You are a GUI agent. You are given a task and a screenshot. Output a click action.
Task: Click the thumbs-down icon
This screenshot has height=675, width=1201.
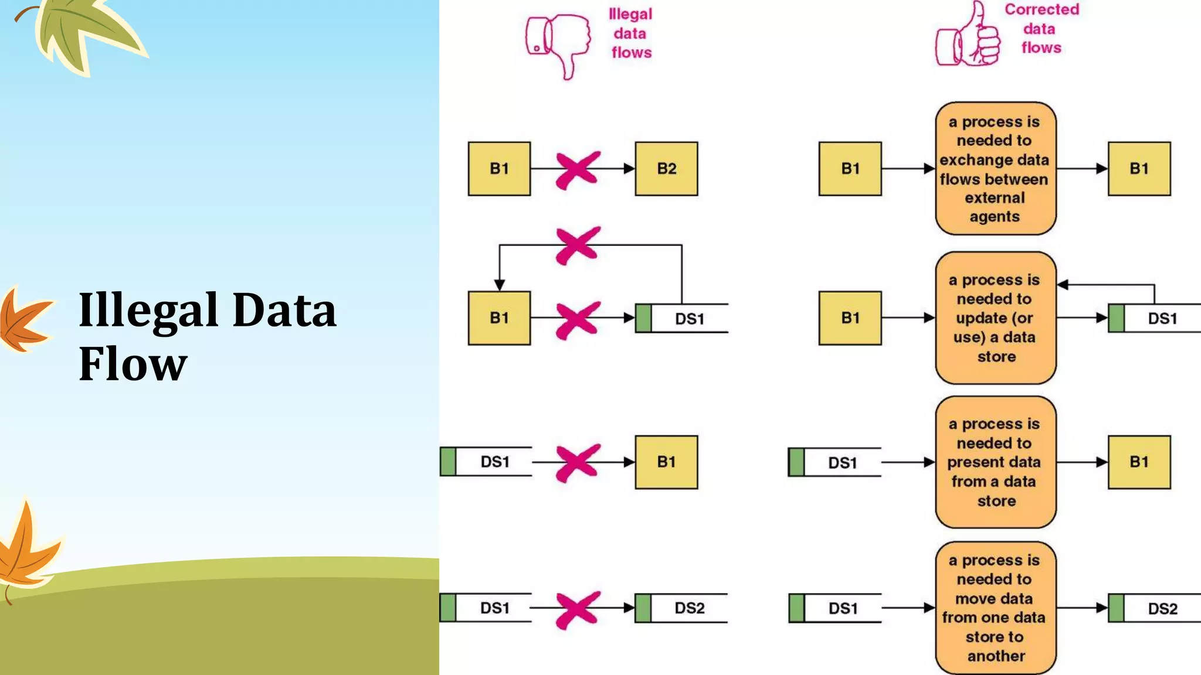(x=558, y=43)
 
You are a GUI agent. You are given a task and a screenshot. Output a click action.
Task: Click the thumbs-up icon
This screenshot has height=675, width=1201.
(x=968, y=39)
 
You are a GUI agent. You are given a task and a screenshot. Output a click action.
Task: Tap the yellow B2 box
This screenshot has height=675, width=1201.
(x=666, y=169)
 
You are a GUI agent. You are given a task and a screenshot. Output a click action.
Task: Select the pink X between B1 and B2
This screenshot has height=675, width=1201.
(x=578, y=170)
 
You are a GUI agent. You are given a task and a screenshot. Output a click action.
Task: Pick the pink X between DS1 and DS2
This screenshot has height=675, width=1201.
(x=578, y=609)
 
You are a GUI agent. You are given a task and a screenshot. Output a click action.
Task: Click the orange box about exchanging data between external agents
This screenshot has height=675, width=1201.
(x=995, y=169)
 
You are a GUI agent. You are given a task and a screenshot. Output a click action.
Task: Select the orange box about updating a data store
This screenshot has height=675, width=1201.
(x=995, y=318)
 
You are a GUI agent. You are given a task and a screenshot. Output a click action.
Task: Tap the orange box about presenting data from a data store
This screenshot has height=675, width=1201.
(x=995, y=462)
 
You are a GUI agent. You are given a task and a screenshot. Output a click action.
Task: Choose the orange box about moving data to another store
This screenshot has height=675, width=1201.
(x=995, y=608)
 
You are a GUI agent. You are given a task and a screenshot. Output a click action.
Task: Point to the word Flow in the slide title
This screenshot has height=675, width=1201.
(x=133, y=364)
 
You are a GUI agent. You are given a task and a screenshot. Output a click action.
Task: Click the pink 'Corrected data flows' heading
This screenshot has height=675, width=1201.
(x=1041, y=29)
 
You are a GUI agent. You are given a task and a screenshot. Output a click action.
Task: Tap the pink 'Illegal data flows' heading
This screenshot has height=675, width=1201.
(x=630, y=33)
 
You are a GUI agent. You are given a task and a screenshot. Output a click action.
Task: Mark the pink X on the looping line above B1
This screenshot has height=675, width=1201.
(x=578, y=245)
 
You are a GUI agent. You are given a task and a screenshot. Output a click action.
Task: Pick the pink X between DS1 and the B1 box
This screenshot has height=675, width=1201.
(x=578, y=463)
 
